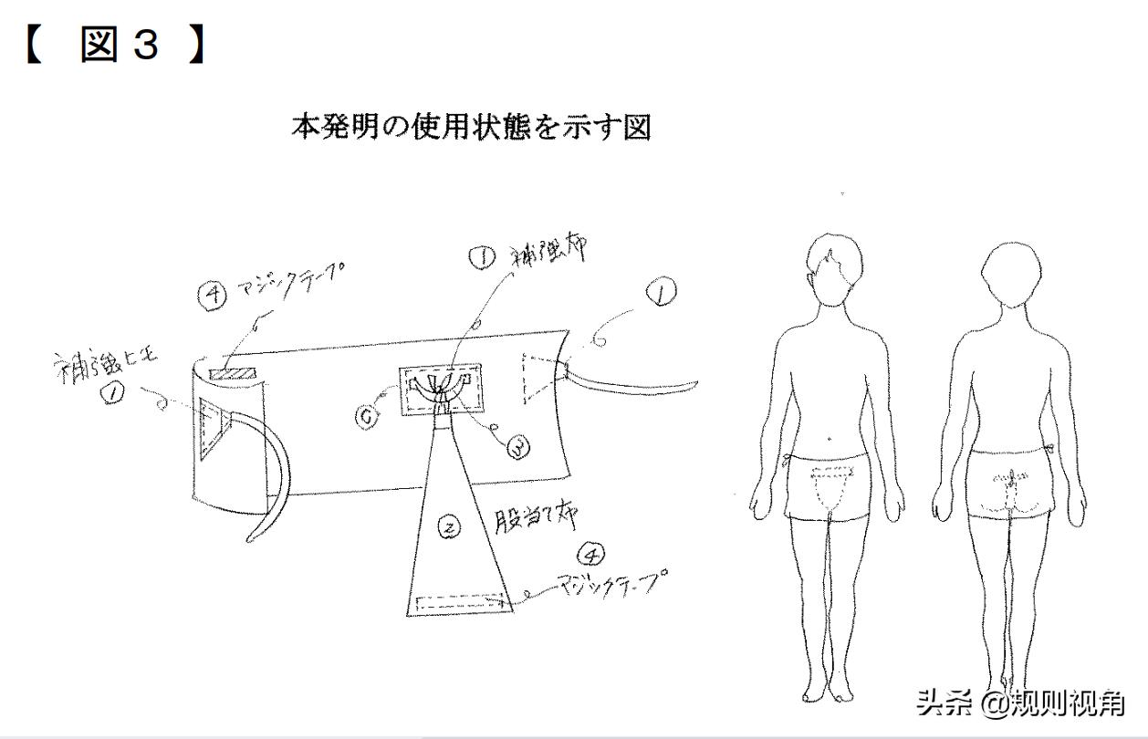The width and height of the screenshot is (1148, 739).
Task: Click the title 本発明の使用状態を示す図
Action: pyautogui.click(x=471, y=127)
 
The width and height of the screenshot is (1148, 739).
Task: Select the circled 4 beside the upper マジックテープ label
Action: pyautogui.click(x=213, y=294)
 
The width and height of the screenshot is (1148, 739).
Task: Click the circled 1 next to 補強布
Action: pyautogui.click(x=481, y=258)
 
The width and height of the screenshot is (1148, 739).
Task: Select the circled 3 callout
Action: pyautogui.click(x=517, y=448)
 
